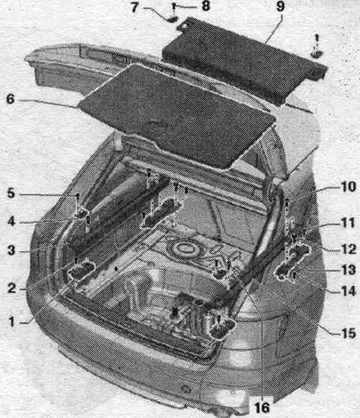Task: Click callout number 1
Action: click(11, 321)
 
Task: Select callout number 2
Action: click(11, 288)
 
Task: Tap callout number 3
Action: click(11, 250)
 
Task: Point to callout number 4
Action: click(11, 221)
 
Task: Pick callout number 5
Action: click(11, 193)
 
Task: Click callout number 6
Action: click(10, 99)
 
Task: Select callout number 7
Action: click(135, 7)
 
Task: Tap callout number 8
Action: click(206, 6)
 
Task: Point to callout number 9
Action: click(280, 7)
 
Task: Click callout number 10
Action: click(348, 187)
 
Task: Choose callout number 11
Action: click(348, 223)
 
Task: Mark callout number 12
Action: click(348, 249)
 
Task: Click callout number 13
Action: click(348, 270)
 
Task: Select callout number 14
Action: click(348, 290)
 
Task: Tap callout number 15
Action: click(348, 333)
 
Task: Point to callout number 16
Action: click(262, 407)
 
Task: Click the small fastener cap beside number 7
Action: click(173, 19)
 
